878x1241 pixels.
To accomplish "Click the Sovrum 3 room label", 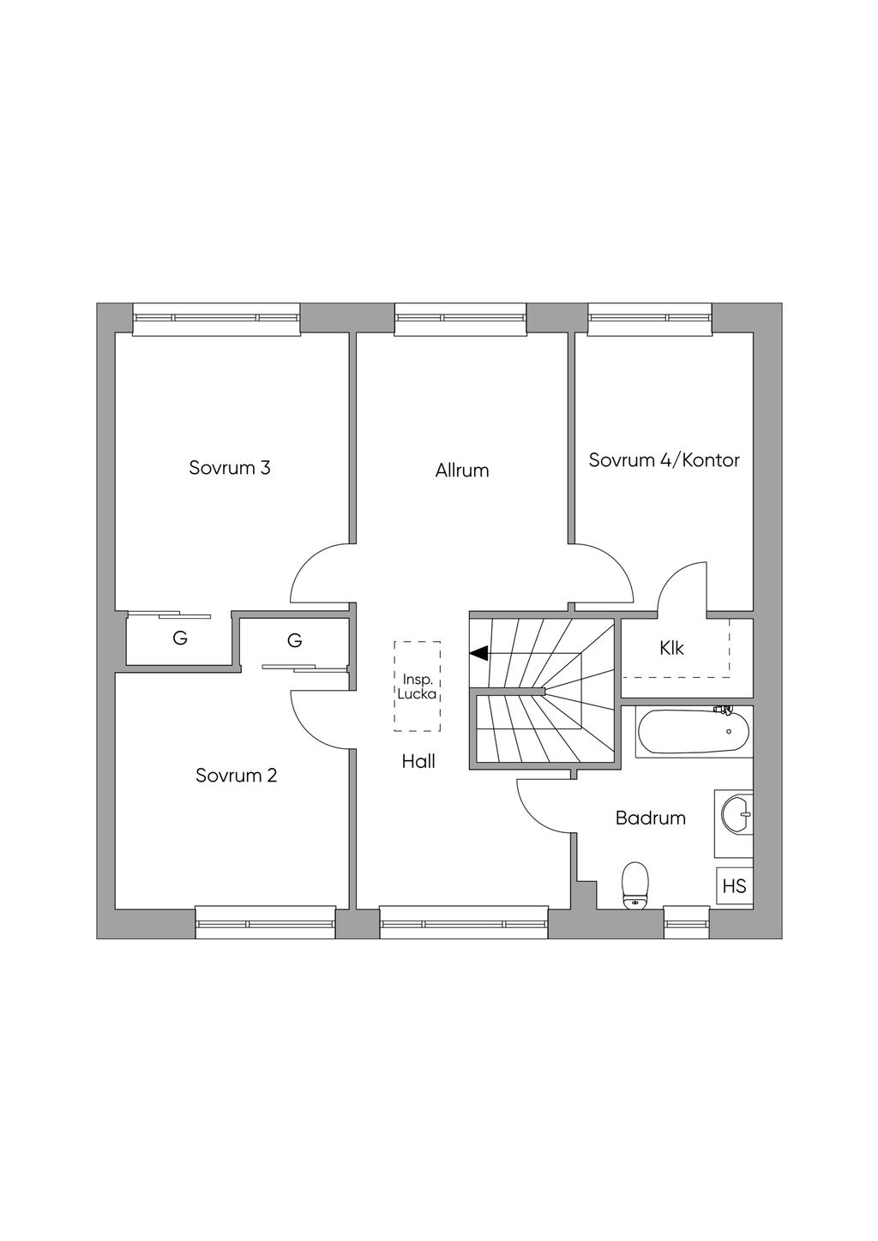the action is pyautogui.click(x=230, y=468).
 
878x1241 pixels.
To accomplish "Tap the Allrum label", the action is pyautogui.click(x=461, y=470).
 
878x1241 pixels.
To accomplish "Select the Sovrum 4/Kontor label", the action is pyautogui.click(x=664, y=460).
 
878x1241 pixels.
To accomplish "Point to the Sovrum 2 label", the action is pyautogui.click(x=236, y=776).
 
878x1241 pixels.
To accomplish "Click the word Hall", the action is pyautogui.click(x=418, y=761).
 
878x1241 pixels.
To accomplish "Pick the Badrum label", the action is pyautogui.click(x=651, y=818).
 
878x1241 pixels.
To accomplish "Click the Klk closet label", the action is pyautogui.click(x=672, y=648).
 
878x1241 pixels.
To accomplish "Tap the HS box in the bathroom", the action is pyautogui.click(x=734, y=886).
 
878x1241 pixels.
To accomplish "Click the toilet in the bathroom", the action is pyautogui.click(x=634, y=884).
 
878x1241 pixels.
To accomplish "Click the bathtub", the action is pyautogui.click(x=693, y=732).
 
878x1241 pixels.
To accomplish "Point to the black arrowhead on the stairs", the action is pyautogui.click(x=478, y=653).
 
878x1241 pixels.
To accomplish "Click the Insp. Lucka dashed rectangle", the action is pyautogui.click(x=418, y=686).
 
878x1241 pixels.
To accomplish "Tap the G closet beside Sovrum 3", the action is pyautogui.click(x=179, y=638).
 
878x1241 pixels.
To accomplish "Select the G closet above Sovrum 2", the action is pyautogui.click(x=294, y=640).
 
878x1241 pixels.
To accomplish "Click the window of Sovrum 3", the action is pyautogui.click(x=216, y=318).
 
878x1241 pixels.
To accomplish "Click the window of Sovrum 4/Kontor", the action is pyautogui.click(x=650, y=318).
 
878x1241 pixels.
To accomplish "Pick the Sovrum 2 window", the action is pyautogui.click(x=265, y=923).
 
